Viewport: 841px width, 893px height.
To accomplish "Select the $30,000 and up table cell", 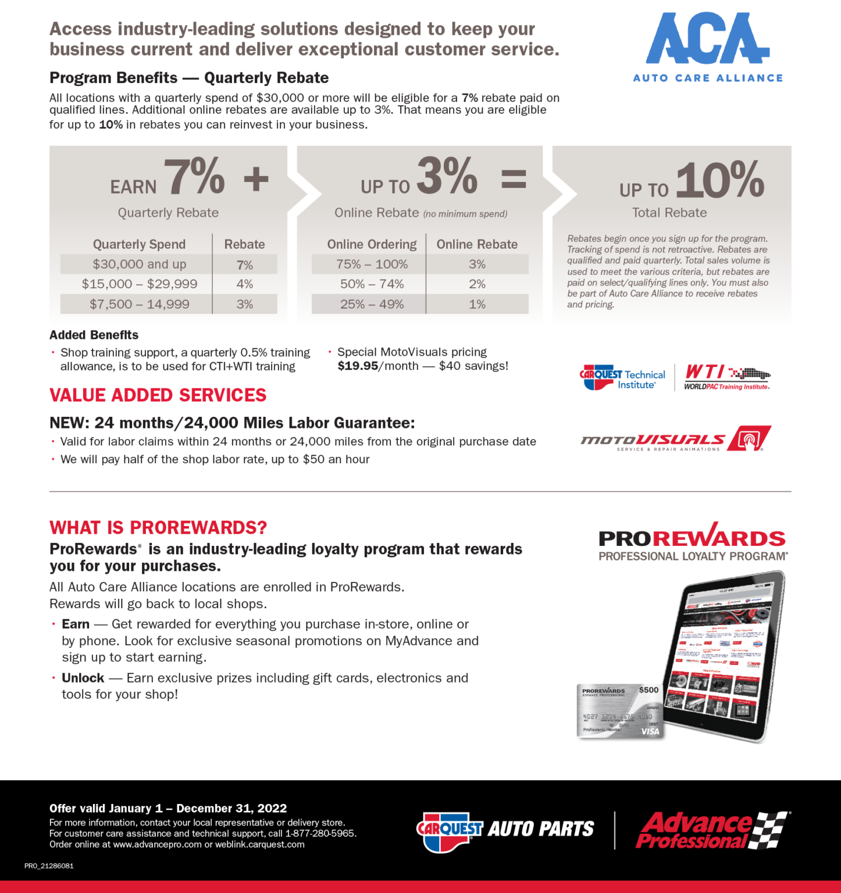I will pos(140,265).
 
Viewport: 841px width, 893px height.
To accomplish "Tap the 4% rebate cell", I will pos(244,284).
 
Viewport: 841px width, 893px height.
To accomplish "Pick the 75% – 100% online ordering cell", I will pos(372,265).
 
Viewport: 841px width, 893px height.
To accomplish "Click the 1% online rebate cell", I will pos(477,304).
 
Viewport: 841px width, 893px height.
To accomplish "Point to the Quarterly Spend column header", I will pos(139,244).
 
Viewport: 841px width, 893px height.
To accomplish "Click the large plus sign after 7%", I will pos(256,178).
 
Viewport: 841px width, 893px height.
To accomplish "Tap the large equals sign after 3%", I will pos(514,178).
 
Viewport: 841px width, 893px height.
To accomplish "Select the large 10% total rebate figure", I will pos(720,180).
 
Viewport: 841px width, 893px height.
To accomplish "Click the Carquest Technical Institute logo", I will pos(622,378).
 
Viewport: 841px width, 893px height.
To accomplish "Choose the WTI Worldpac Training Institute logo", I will pos(727,378).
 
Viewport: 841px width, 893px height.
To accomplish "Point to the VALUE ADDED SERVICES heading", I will pos(158,395).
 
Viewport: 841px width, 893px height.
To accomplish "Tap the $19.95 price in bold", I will pos(358,366).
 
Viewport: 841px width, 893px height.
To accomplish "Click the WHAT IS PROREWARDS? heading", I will pos(158,527).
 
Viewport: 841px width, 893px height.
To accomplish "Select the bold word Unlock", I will pos(83,678).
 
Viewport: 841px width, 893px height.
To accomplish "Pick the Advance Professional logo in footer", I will pos(713,830).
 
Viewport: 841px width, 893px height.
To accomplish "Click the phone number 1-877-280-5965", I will pos(320,834).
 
